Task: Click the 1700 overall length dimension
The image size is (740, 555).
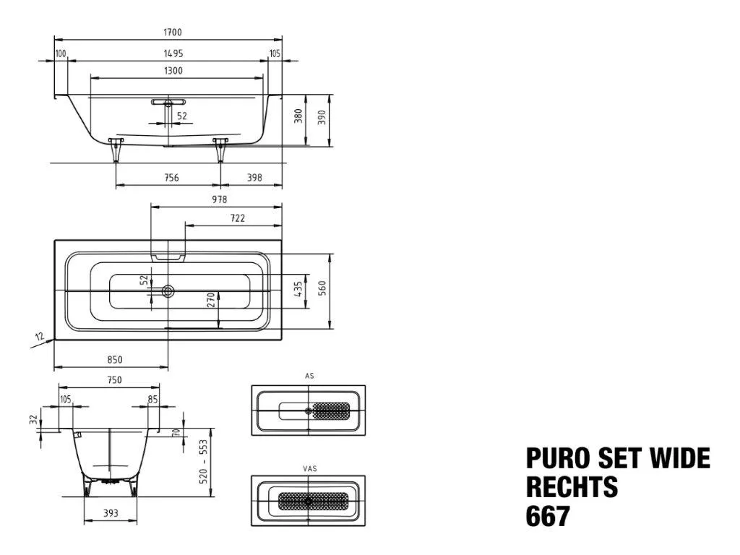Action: coord(172,32)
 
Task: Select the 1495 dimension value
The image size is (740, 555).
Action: coord(173,53)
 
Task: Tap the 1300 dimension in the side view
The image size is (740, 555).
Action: coord(173,70)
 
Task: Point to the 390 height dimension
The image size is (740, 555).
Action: coord(322,116)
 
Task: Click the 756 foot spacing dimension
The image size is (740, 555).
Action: coord(171,178)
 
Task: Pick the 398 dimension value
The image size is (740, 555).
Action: coord(254,178)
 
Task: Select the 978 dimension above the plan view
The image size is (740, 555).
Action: coord(220,199)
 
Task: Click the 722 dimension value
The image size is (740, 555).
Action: coord(237,218)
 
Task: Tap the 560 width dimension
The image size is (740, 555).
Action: coord(322,288)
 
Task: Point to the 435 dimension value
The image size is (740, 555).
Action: coord(298,289)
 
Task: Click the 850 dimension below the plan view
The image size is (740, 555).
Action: coord(115,360)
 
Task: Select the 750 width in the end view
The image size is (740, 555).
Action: coord(115,380)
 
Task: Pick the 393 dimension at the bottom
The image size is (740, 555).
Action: coord(111,513)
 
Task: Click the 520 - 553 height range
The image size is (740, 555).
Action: coord(203,462)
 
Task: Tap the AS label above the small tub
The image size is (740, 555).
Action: coord(309,376)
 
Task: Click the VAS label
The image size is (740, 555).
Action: coord(309,468)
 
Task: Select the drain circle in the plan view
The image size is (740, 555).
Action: coord(168,291)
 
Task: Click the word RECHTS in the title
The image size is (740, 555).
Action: coord(572,486)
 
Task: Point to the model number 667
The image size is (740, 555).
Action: coord(548,516)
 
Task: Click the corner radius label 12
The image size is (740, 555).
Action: coord(40,337)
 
